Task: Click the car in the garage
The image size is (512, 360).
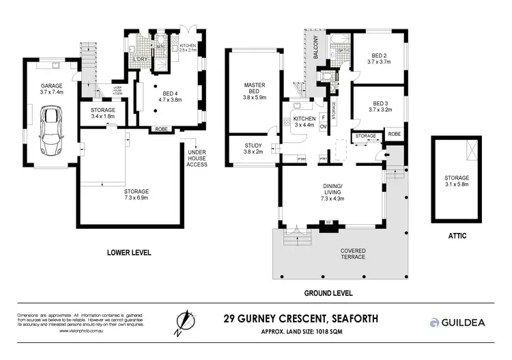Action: coord(51,130)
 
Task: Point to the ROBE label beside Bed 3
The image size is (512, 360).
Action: coord(394,135)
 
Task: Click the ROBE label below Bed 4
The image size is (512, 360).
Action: coord(162,128)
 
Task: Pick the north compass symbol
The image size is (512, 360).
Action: coord(182,322)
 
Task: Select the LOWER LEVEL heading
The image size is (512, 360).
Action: coord(129,253)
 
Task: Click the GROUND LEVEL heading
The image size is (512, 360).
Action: coord(329,292)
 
